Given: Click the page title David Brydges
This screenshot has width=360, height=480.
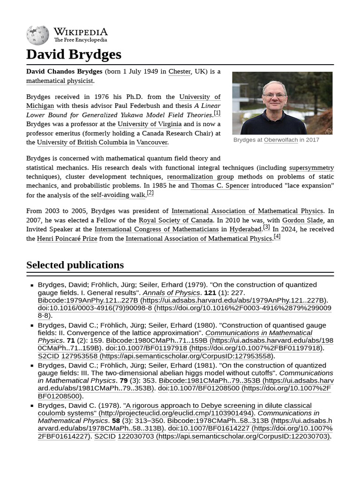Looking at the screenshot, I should (74, 54).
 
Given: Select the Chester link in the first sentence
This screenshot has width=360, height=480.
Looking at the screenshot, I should (180, 72).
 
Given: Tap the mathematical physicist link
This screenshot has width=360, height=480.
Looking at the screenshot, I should (60, 81).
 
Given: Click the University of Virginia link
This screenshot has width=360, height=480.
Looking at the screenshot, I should (150, 124).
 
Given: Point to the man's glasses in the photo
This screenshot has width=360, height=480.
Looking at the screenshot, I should (275, 96).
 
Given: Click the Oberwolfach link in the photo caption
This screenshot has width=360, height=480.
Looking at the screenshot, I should (281, 140).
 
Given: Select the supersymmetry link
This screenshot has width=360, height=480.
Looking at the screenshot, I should (311, 168).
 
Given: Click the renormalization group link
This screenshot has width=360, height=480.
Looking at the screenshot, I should (200, 177).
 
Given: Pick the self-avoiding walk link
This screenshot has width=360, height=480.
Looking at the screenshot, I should (118, 195).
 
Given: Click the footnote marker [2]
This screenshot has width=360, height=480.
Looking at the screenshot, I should (150, 193).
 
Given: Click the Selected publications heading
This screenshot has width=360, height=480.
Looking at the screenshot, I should (75, 265).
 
